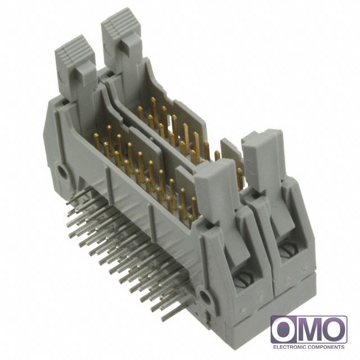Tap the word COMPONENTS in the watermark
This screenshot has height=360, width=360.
pos(326,346)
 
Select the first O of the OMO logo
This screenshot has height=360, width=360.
pos(284,330)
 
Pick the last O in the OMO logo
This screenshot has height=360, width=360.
pos(334,330)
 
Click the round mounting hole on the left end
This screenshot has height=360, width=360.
pos(62,171)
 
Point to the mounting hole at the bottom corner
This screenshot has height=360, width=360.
pos(204,296)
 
